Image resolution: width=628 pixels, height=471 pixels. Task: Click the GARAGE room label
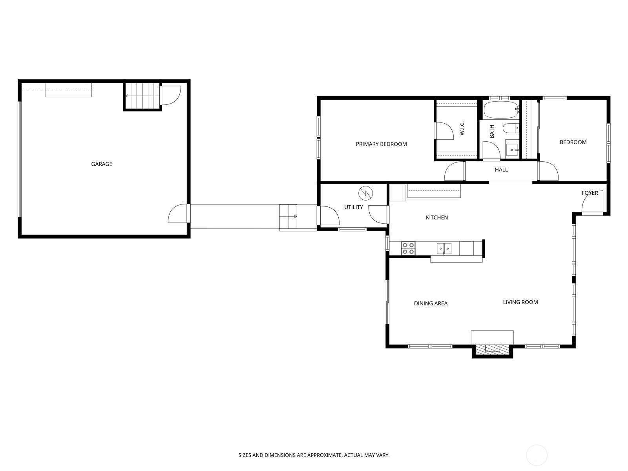[x=102, y=164]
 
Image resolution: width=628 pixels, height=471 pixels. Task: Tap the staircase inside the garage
[x=142, y=96]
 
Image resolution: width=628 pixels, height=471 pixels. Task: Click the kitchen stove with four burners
[x=408, y=248]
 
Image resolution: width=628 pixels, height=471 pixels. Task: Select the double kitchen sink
[x=444, y=248]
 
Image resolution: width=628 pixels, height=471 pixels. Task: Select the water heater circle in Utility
[x=365, y=193]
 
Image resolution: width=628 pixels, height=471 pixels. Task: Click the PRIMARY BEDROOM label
[x=381, y=144]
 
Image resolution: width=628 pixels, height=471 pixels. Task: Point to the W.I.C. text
[x=462, y=128]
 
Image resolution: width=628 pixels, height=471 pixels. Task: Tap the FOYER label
[x=590, y=193]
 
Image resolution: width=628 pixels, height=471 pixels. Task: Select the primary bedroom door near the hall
[x=455, y=172]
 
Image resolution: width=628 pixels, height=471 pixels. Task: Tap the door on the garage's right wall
[x=178, y=214]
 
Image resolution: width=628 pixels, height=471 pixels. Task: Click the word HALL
[x=501, y=170]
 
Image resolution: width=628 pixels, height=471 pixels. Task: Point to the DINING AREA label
[x=431, y=303]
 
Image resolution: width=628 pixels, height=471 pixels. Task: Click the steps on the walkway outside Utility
[x=288, y=217]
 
